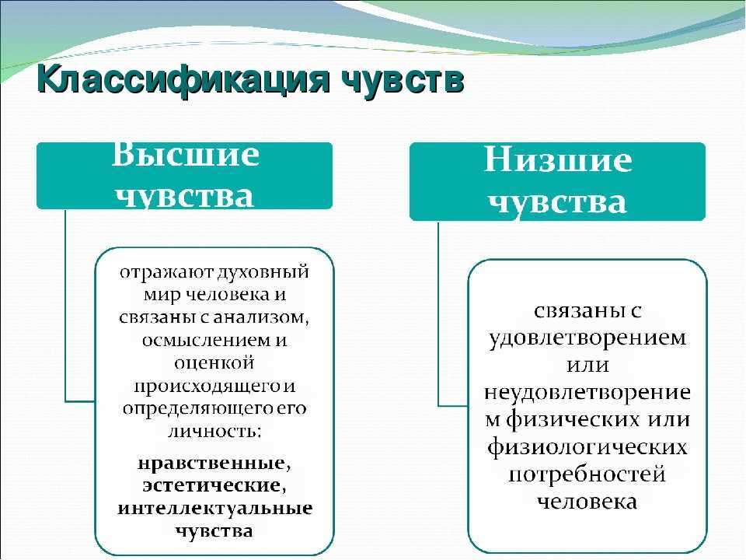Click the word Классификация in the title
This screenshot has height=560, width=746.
click(x=183, y=79)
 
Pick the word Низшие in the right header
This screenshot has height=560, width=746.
click(x=558, y=159)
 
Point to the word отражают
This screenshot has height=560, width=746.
click(x=166, y=272)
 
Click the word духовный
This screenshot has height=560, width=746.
click(x=263, y=272)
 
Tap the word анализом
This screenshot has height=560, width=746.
click(x=261, y=317)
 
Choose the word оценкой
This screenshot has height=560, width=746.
click(x=214, y=363)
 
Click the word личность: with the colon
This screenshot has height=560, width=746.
click(x=214, y=432)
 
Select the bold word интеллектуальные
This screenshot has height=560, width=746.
click(x=214, y=508)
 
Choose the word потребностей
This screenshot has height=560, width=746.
click(x=587, y=474)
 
